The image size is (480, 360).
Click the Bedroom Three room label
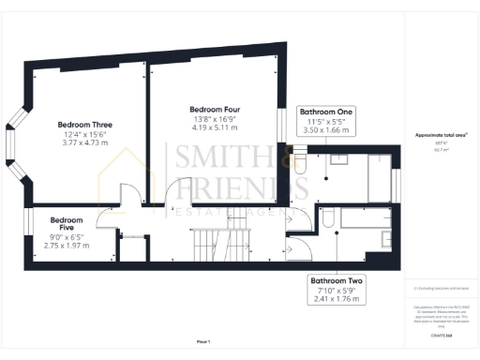pos(84,125)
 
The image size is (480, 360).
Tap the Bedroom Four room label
pos(215,108)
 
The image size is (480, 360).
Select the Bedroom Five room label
pos(67,225)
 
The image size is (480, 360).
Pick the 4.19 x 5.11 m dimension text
pos(215,128)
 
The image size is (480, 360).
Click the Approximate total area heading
pos(441,135)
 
